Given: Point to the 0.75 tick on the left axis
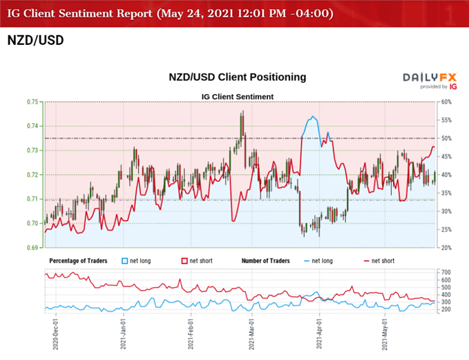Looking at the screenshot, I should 33,102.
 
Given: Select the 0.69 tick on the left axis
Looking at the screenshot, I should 33,247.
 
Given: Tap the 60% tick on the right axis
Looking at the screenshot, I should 446,102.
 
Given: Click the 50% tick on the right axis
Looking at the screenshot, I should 446,138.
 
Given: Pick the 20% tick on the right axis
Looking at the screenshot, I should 446,247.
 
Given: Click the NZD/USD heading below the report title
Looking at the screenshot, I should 35,40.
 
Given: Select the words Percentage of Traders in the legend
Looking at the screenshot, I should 81,260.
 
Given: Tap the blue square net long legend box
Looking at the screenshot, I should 125,260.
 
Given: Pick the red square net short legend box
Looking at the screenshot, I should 185,260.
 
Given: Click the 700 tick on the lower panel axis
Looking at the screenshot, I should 446,272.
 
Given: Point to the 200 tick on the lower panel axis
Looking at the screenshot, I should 446,309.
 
